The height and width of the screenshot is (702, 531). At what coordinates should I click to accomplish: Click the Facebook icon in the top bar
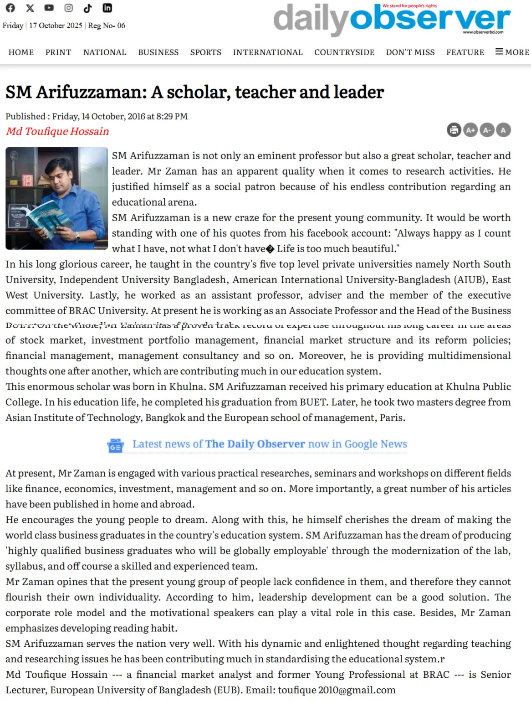[x=10, y=8]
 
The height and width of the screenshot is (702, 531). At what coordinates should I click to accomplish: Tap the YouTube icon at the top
[x=49, y=8]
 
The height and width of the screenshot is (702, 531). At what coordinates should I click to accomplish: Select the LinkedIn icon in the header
[x=107, y=8]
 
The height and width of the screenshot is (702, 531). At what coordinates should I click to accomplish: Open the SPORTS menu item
[x=206, y=52]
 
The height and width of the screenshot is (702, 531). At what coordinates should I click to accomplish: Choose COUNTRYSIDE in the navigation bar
[x=344, y=52]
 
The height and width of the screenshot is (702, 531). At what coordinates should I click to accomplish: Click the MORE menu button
[x=512, y=52]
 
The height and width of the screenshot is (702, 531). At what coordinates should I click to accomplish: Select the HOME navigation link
[x=21, y=52]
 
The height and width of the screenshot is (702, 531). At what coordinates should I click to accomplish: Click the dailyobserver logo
[x=392, y=19]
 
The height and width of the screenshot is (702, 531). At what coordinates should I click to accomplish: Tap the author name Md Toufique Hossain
[x=57, y=131]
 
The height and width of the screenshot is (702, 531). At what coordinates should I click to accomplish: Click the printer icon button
[x=454, y=130]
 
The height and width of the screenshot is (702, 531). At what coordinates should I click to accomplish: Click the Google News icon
[x=115, y=445]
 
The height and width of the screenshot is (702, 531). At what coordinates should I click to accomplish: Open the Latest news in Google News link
[x=270, y=444]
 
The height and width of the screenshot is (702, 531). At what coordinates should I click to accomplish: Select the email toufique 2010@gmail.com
[x=337, y=690]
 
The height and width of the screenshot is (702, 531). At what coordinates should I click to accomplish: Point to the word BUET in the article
[x=312, y=402]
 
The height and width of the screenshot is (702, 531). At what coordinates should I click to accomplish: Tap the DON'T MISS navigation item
[x=410, y=52]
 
